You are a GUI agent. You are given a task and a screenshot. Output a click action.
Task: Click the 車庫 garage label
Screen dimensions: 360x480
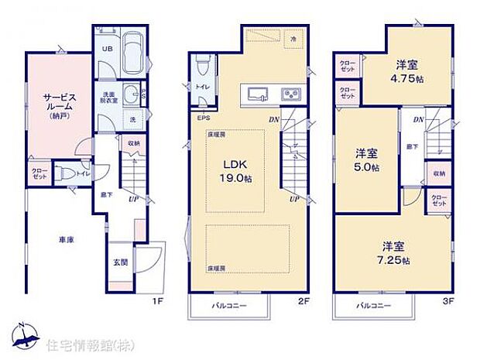(65, 241)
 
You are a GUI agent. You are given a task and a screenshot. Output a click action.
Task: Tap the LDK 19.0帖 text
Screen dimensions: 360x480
(235, 170)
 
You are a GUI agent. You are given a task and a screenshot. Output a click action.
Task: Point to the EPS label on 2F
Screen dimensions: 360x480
(203, 118)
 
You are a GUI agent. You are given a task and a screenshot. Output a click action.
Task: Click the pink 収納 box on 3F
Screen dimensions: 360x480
(439, 173)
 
